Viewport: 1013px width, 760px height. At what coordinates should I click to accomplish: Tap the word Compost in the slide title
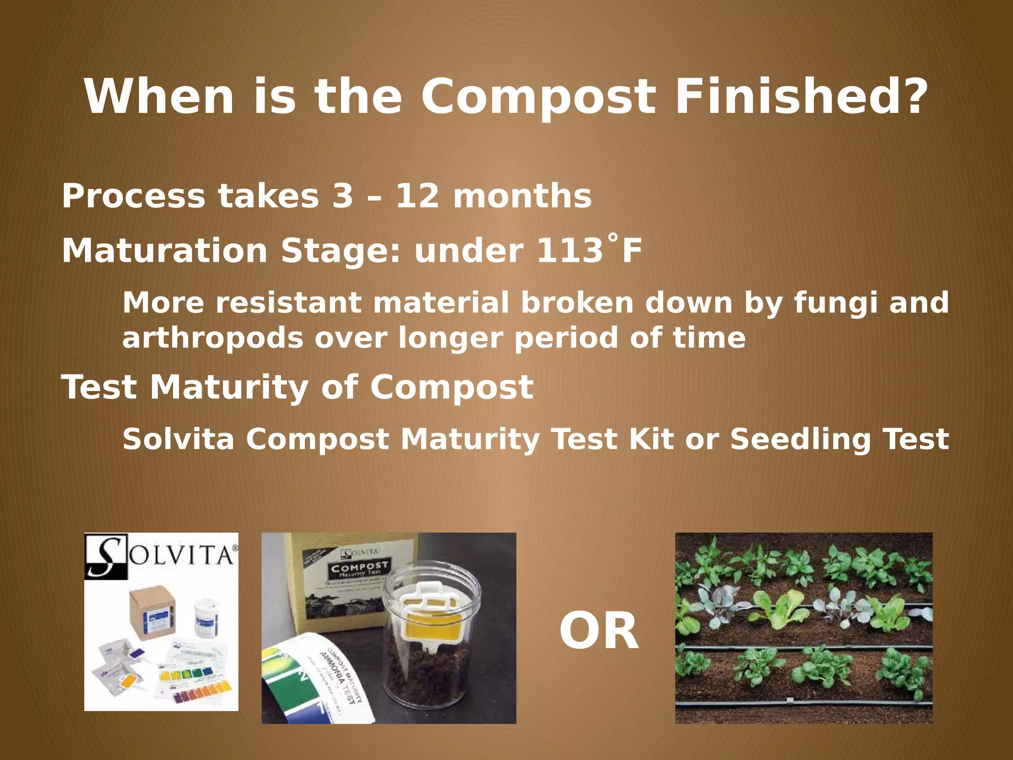point(538,97)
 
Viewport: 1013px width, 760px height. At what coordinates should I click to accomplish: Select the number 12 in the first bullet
point(417,196)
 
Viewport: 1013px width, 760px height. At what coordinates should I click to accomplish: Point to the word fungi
point(836,303)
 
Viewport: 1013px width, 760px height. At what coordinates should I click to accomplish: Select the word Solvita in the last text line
point(178,439)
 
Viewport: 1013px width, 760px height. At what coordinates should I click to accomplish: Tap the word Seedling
point(800,439)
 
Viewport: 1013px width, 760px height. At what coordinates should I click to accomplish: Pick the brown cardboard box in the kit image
point(151,612)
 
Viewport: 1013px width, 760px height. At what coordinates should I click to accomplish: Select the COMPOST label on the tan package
point(360,567)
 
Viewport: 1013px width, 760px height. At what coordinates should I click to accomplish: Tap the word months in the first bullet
point(522,196)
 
